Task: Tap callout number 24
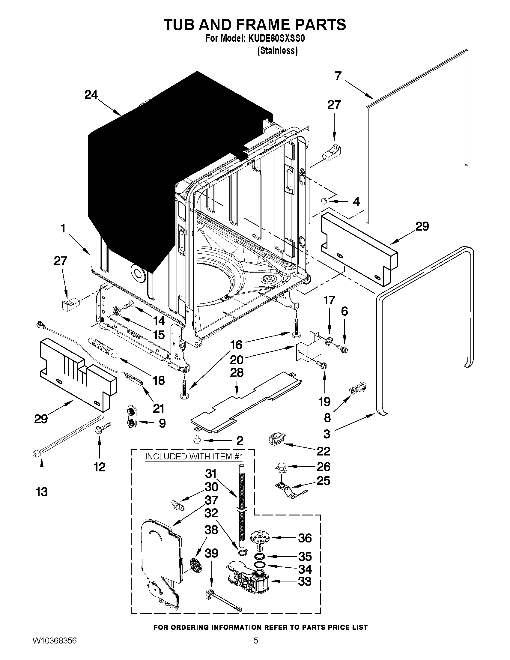(91, 95)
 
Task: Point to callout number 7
(338, 76)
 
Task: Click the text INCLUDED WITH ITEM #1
(194, 456)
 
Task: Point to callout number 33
(305, 581)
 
